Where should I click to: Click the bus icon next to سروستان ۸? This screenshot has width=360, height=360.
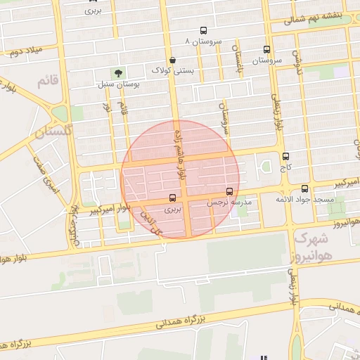click(204, 30)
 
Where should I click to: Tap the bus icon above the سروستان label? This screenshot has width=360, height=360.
click(266, 50)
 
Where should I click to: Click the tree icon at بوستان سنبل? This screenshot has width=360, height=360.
click(117, 72)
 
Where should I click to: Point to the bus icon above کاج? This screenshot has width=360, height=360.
click(285, 157)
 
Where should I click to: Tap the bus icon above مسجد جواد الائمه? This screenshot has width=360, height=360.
click(304, 188)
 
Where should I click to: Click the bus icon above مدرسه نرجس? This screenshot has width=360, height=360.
click(229, 191)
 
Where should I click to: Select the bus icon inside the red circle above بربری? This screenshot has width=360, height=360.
click(173, 198)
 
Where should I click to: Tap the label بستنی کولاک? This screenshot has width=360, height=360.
click(173, 70)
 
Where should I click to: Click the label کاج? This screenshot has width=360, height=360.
click(285, 168)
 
